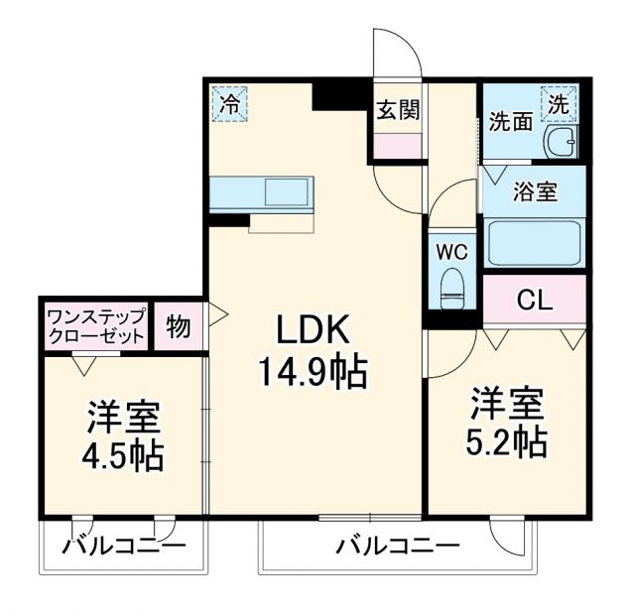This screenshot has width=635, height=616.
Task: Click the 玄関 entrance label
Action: (x=397, y=109)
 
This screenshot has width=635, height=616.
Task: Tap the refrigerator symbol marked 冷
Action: (x=230, y=103)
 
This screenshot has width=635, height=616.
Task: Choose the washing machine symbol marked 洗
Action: (x=559, y=101)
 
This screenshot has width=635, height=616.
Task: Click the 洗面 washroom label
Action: (x=510, y=124)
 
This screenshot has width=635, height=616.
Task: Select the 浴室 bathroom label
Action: (x=534, y=191)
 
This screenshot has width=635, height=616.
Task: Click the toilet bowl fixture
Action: (x=453, y=285)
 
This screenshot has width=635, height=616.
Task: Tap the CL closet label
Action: (x=535, y=299)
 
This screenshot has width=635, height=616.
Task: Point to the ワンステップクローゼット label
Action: (x=96, y=326)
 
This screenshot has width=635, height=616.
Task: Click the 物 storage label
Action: (x=179, y=327)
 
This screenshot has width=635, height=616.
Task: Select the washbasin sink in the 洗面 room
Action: (x=562, y=144)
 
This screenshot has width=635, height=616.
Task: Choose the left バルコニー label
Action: (x=123, y=546)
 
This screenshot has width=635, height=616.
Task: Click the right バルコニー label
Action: (x=396, y=546)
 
